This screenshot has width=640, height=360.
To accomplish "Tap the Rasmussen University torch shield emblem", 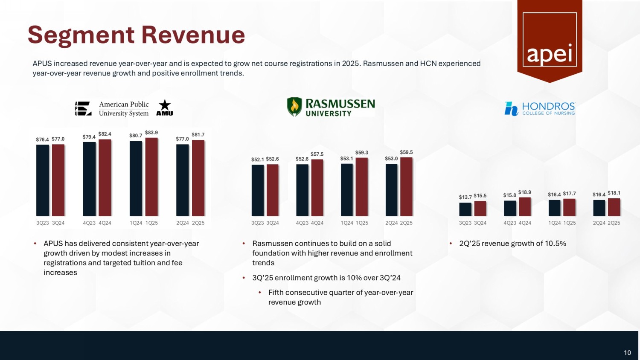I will click(x=294, y=107).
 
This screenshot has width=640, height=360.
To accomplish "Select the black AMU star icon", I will click(x=165, y=107).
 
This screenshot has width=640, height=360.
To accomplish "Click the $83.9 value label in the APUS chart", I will click(x=151, y=133).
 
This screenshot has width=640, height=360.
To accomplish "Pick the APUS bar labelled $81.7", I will click(x=198, y=178).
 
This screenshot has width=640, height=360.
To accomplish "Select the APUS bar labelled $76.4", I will click(x=43, y=180).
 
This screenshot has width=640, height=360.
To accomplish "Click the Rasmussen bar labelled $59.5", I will click(x=406, y=186).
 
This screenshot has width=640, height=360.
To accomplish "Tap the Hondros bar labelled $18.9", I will click(x=525, y=206).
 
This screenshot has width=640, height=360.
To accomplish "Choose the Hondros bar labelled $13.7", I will click(x=465, y=209).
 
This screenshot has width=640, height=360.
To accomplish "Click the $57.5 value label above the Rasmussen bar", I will click(x=317, y=154).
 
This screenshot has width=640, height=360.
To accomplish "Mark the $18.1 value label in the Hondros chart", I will click(x=614, y=193).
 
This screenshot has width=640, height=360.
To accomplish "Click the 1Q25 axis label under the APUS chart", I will click(x=151, y=223).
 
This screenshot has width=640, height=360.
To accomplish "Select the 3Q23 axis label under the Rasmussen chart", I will click(x=258, y=223).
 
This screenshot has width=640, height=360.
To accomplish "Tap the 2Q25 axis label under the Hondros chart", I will click(x=614, y=223).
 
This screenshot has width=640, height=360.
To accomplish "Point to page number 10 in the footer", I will click(x=627, y=353).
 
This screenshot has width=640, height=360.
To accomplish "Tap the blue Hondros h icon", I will click(x=511, y=109).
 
